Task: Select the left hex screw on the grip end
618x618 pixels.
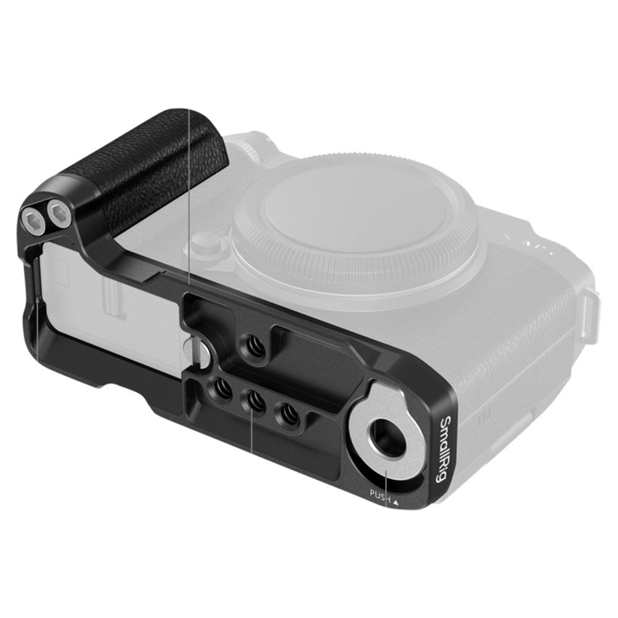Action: coord(31,219)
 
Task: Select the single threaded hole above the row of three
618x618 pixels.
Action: coord(253,344)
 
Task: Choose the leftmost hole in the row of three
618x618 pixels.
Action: coord(221,390)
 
